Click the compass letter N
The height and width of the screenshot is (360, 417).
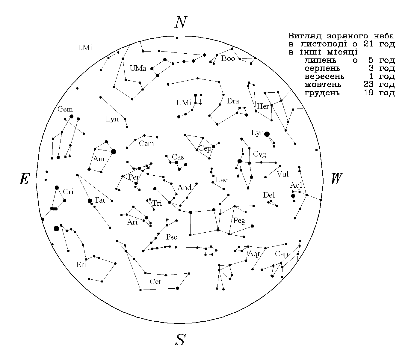pos(181,22)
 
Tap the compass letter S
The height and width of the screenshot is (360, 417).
pos(180,339)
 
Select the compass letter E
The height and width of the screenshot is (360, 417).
pos(24,179)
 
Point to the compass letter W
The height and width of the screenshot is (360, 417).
pos(337,178)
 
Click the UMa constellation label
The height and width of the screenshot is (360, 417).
pos(138,68)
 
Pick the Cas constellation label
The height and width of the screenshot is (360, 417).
pos(178,157)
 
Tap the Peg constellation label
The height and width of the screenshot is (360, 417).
pos(239,221)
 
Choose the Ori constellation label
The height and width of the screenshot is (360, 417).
pos(68,192)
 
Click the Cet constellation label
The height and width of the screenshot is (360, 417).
pos(155,281)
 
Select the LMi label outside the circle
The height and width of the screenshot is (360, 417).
pos(85,48)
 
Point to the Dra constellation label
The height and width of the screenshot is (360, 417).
pos(233,101)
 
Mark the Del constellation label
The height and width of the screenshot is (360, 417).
pos(269,195)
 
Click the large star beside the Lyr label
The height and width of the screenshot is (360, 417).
pos(267,134)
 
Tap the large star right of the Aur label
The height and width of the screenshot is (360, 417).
pos(113,152)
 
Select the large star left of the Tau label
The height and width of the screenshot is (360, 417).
pos(90,201)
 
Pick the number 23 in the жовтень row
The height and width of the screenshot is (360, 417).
pos(368,84)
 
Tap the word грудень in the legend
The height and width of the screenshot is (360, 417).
pos(322,93)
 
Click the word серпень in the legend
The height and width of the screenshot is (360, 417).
pos(322,68)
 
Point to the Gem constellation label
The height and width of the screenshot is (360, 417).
pos(65,109)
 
